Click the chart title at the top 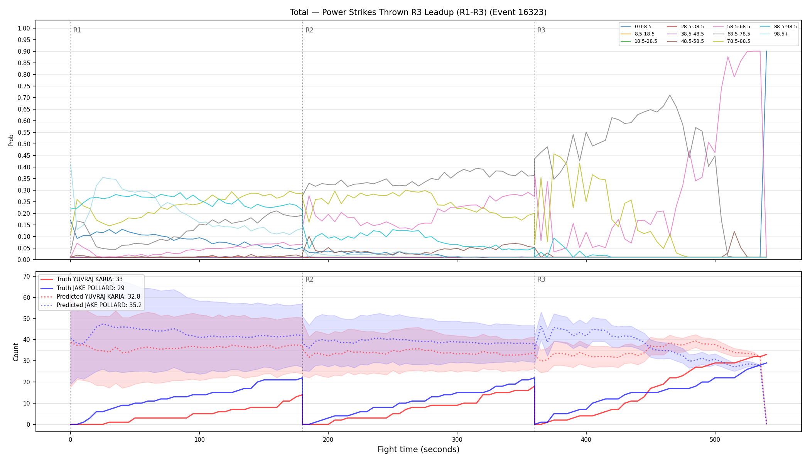418,12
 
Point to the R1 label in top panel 77,30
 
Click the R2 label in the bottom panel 309,279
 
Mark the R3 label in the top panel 541,30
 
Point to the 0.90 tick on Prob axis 24,51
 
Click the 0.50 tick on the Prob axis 24,144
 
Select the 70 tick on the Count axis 27,276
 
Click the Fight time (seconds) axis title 418,449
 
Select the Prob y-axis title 11,140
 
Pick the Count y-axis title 16,352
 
